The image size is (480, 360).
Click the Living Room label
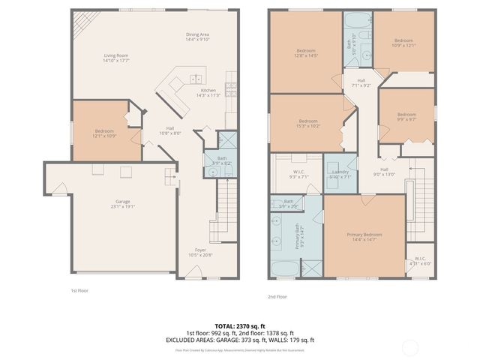tap(116, 55)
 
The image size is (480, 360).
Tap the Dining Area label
tap(198, 34)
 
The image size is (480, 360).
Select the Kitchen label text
tap(208, 91)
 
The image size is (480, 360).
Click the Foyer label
tap(200, 250)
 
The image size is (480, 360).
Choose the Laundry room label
tap(340, 172)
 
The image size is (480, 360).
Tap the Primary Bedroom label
tap(364, 235)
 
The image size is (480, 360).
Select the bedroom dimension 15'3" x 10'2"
tap(308, 126)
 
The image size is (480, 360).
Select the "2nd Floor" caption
tap(277, 296)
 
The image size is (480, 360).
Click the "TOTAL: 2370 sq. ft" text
tap(240, 326)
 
